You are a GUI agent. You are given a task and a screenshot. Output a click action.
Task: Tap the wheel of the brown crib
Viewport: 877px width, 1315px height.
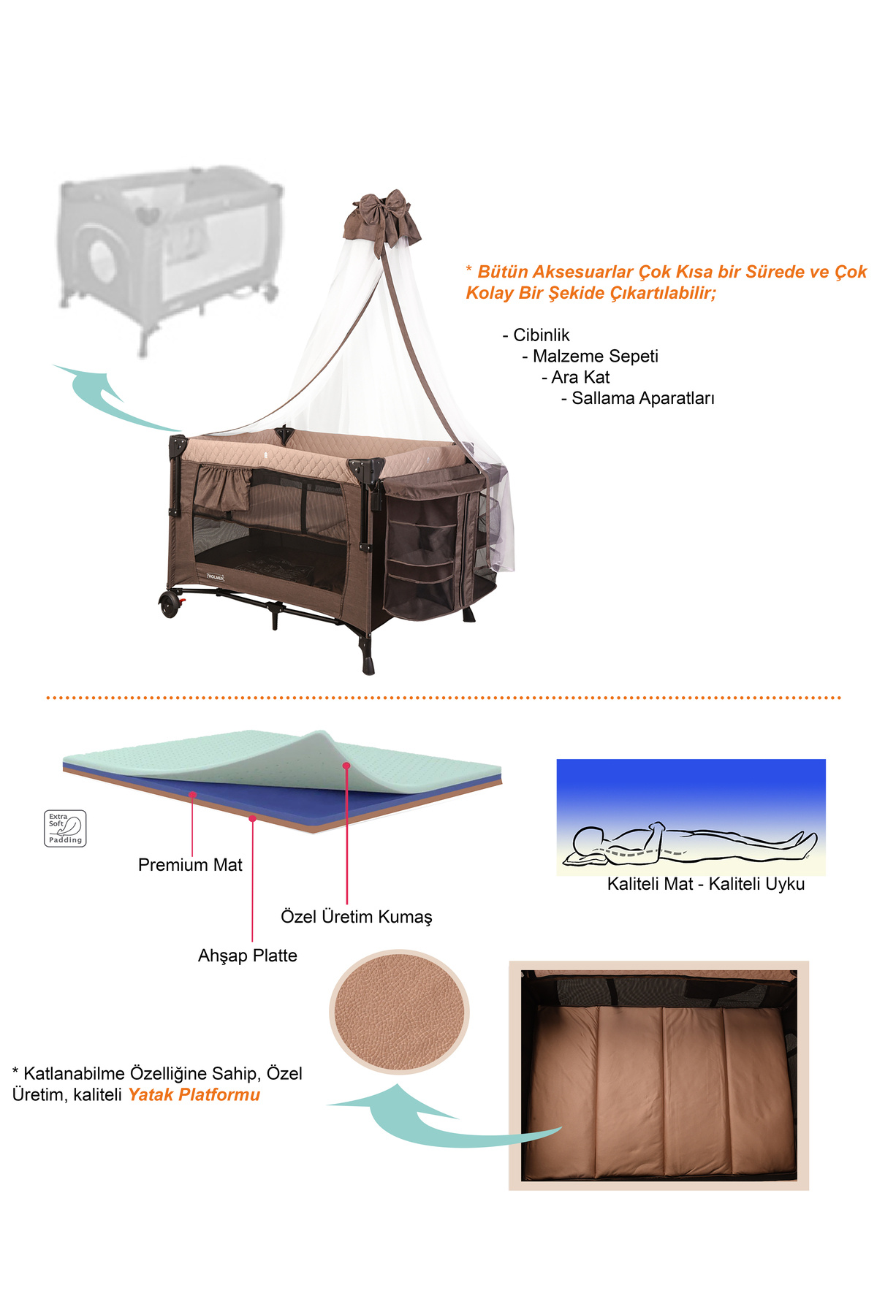pyautogui.click(x=170, y=606)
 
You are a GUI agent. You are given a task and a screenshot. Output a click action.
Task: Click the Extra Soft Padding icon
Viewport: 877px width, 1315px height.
pyautogui.click(x=65, y=828)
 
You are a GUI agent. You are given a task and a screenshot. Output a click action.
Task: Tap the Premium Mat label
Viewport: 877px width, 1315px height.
pyautogui.click(x=190, y=865)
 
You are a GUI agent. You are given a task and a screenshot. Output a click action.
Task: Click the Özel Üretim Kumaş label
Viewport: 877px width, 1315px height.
pyautogui.click(x=357, y=917)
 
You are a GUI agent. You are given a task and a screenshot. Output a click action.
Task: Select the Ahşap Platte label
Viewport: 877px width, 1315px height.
pyautogui.click(x=248, y=956)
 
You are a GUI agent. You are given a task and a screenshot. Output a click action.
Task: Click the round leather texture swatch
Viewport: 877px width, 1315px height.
pyautogui.click(x=399, y=1012)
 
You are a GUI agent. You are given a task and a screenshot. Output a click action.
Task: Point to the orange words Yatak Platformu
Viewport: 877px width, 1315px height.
pyautogui.click(x=194, y=1094)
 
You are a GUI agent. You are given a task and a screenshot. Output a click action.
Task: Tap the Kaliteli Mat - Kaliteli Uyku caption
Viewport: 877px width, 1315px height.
pyautogui.click(x=706, y=884)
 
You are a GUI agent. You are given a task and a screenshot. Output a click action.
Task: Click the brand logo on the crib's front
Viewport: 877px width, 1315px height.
pyautogui.click(x=215, y=576)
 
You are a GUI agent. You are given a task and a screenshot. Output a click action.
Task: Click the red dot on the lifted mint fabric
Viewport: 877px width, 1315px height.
pyautogui.click(x=346, y=766)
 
